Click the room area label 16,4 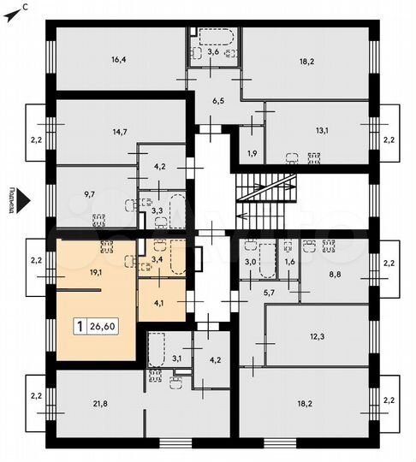click(x=118, y=60)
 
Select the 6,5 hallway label click(x=218, y=100)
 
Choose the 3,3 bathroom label click(x=157, y=210)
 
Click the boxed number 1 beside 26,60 click(x=80, y=326)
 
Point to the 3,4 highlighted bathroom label click(x=157, y=258)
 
